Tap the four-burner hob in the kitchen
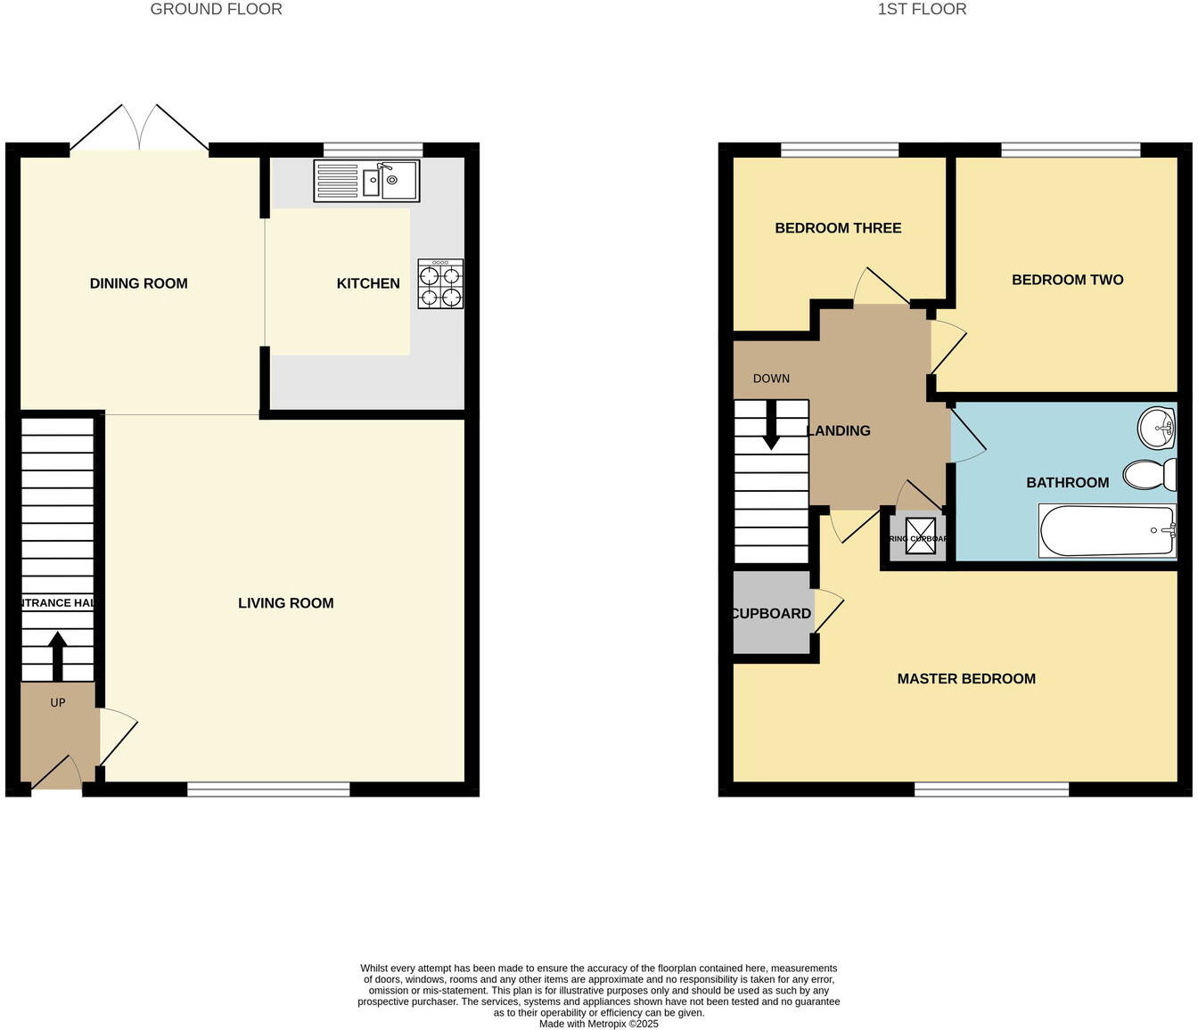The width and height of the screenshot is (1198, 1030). (x=440, y=284)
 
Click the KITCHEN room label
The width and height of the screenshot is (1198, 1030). (x=368, y=283)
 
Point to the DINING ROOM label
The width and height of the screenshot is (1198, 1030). (x=139, y=283)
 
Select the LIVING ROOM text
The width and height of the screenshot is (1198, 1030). (x=286, y=603)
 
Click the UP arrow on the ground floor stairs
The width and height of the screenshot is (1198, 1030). (x=58, y=658)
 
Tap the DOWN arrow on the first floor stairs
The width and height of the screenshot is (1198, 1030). (x=771, y=426)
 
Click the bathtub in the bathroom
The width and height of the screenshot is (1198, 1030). (x=1107, y=531)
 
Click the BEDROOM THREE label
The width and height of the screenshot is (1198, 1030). (x=838, y=228)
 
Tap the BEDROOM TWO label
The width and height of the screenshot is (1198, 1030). (x=1067, y=280)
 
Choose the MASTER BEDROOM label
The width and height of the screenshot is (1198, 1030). (x=966, y=679)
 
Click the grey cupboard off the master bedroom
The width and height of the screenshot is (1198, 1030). (x=772, y=613)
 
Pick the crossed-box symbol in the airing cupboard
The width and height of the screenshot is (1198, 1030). (x=921, y=535)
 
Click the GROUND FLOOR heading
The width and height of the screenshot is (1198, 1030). (x=216, y=10)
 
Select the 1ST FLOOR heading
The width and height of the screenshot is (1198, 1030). (x=922, y=10)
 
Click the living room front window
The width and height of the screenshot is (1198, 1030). (x=268, y=789)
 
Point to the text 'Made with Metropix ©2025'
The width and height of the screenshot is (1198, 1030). (x=599, y=1024)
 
